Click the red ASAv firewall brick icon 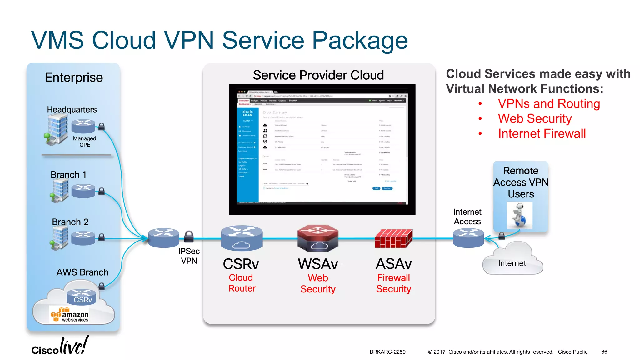point(393,238)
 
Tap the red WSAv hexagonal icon point(318,238)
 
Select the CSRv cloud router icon point(242,238)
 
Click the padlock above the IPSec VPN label point(189,237)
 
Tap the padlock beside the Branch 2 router point(102,237)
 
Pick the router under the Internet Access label point(468,238)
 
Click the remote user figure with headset point(519,215)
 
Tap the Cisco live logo point(60,347)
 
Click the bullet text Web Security point(535,119)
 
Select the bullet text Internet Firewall point(542,134)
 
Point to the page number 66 point(604,352)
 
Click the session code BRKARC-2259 point(387,352)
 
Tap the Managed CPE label point(85,142)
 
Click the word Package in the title point(360,41)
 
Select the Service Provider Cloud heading point(318,75)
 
